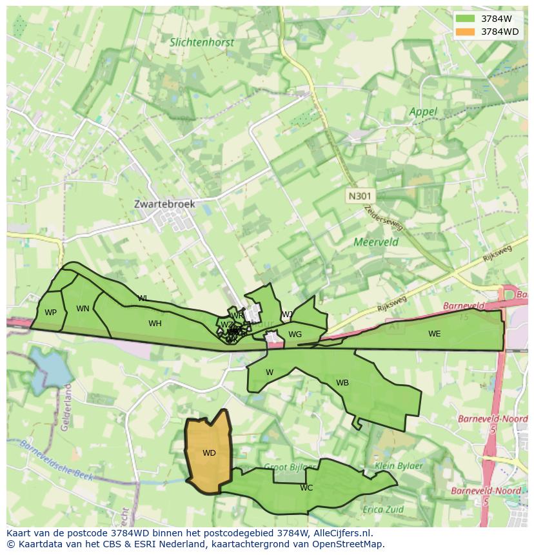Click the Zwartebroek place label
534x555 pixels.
click(164, 204)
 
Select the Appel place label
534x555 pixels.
click(423, 112)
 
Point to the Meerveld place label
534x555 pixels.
click(376, 242)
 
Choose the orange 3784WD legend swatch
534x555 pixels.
click(464, 31)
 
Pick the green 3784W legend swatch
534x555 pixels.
click(464, 19)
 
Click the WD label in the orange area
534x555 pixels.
click(209, 453)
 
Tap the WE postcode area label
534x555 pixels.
click(434, 334)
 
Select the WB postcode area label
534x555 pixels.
click(342, 383)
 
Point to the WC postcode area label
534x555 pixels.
click(306, 488)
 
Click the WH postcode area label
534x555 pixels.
click(155, 324)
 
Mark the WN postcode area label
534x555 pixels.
click(83, 309)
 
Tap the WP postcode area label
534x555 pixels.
click(50, 313)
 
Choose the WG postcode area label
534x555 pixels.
click(295, 335)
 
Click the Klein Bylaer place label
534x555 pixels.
click(399, 465)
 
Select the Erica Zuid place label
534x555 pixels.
click(382, 509)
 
